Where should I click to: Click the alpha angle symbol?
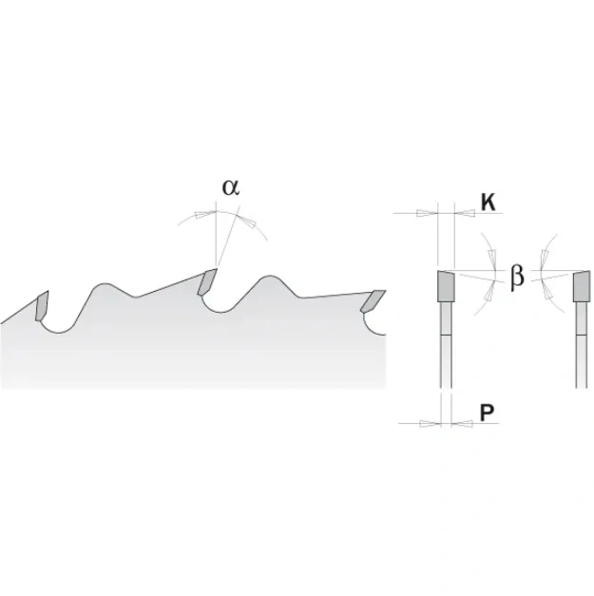(x=231, y=187)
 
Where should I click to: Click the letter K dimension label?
(x=489, y=202)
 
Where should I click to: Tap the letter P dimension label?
(x=487, y=413)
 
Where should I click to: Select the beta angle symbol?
(x=517, y=276)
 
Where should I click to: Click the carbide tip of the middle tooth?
(x=207, y=281)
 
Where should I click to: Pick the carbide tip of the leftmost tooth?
(x=42, y=306)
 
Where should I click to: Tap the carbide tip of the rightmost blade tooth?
(x=373, y=301)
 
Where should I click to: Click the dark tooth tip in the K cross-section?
(x=446, y=286)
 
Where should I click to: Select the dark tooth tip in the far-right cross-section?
(x=582, y=287)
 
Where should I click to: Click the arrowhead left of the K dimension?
(x=427, y=213)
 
